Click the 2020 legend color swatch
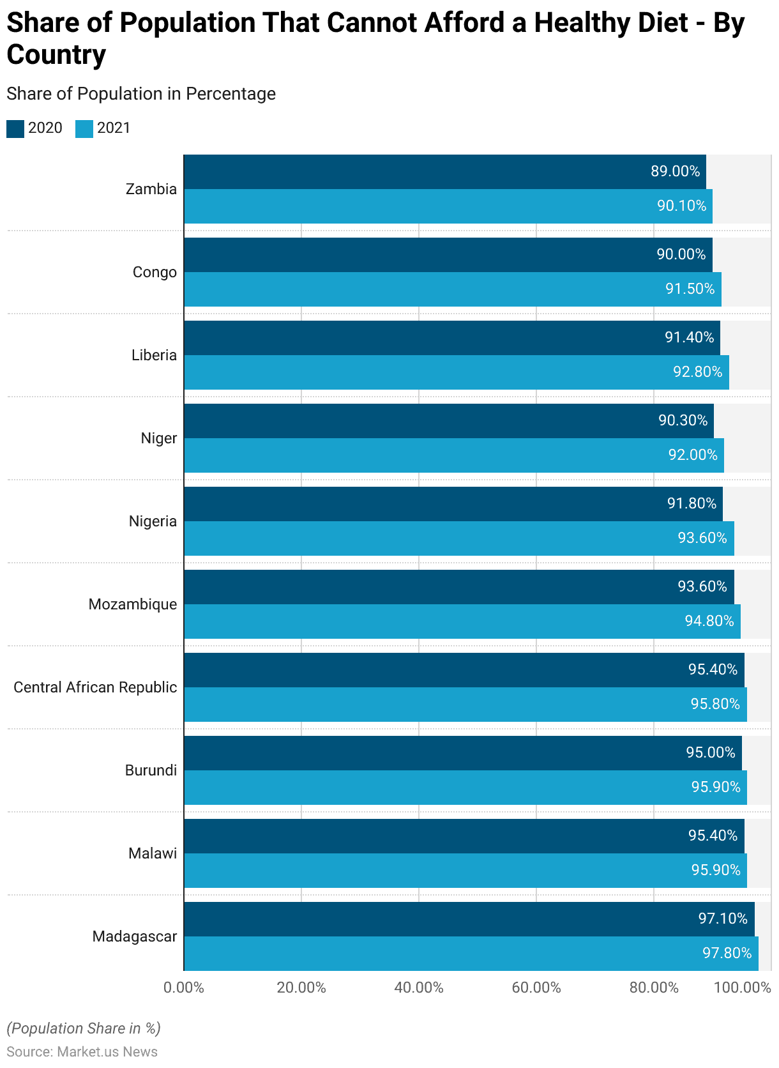(15, 128)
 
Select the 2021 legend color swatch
(84, 128)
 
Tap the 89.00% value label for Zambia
(675, 171)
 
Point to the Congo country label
(155, 272)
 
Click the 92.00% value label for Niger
(693, 455)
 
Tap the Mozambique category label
(133, 604)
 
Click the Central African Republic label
(95, 687)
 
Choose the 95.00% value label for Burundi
(711, 752)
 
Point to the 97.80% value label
(727, 953)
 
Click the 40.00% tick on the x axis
(419, 988)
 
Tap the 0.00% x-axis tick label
(184, 988)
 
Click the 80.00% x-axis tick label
(654, 988)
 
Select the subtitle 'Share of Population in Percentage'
(141, 94)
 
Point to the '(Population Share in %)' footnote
(84, 1028)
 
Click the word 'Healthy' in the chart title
(611, 23)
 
